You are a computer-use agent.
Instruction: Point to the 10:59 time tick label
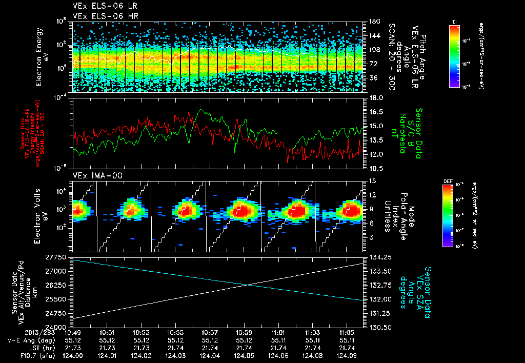click(244, 333)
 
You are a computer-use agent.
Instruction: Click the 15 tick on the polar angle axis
click(372, 180)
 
